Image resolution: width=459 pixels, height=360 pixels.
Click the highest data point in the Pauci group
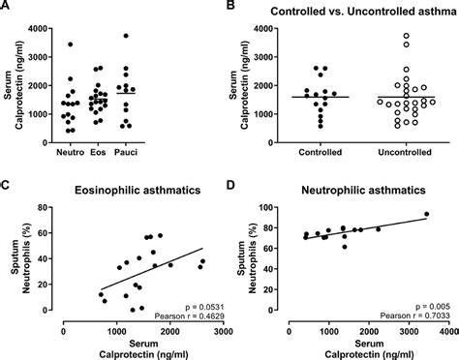pos(126,36)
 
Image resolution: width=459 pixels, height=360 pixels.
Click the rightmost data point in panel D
pos(426,215)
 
